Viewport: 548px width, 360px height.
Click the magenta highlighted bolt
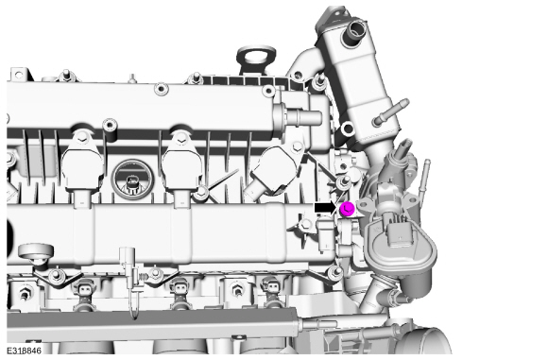pyautogui.click(x=347, y=209)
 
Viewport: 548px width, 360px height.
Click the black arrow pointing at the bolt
pyautogui.click(x=326, y=208)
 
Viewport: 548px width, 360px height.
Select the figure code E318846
pyautogui.click(x=25, y=351)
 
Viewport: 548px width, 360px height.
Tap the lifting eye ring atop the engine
pyautogui.click(x=256, y=55)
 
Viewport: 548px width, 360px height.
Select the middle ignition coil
pyautogui.click(x=182, y=164)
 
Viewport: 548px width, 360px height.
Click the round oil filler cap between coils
pyautogui.click(x=131, y=179)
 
